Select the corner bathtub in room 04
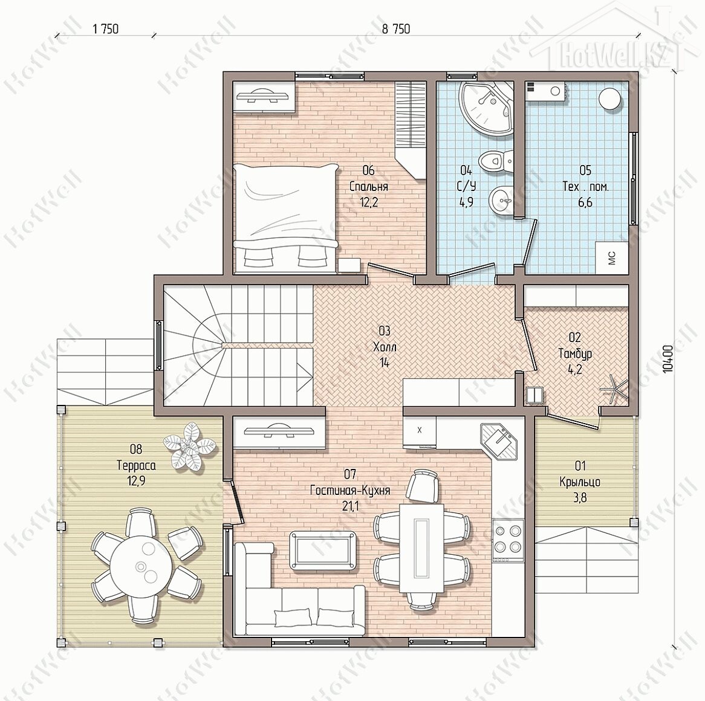486,108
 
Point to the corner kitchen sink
499,442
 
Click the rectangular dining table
422,548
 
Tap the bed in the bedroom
285,219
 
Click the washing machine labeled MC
612,258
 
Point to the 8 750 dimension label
395,29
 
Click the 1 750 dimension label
105,29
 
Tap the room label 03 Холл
385,347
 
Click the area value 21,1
350,506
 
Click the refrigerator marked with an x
420,432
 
